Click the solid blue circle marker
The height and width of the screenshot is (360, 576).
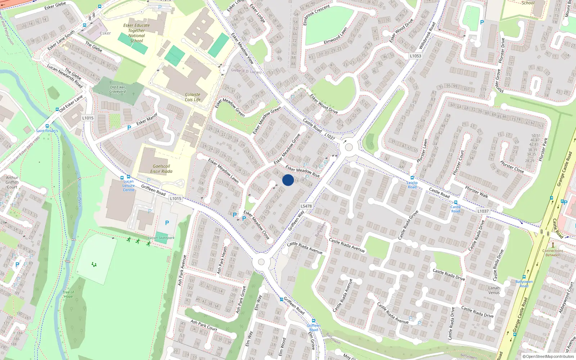288,180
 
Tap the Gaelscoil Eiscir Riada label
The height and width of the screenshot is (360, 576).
161,169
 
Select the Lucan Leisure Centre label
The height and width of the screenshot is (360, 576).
129,186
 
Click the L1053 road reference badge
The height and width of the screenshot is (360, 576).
415,56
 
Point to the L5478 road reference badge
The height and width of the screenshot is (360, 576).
306,206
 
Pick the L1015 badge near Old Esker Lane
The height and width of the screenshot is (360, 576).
88,118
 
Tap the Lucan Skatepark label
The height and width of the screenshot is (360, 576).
161,238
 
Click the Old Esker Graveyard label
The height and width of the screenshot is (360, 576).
118,89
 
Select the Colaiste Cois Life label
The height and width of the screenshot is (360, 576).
193,97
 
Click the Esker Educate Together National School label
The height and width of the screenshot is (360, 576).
136,33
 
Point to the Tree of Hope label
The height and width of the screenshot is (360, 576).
68,294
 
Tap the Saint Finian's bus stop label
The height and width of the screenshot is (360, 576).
47,131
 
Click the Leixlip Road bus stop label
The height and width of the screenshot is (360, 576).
412,185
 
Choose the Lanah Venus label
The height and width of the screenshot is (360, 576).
494,290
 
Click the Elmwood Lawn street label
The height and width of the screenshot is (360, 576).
336,36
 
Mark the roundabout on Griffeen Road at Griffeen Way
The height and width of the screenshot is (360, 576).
261,262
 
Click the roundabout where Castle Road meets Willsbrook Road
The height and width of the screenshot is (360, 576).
348,147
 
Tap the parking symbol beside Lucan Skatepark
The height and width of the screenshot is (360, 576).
167,223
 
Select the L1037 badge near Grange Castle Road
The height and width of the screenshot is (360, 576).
483,211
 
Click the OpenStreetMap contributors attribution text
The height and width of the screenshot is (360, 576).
548,356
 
